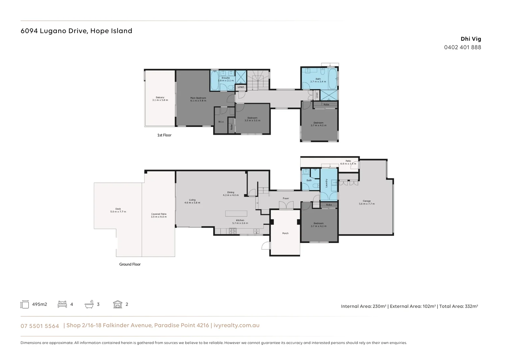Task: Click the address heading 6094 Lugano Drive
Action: coord(76,31)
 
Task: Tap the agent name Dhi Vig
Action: coord(471,39)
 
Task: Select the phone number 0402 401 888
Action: coord(462,47)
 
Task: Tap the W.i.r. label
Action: coord(221,122)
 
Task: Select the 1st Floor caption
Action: coord(164,135)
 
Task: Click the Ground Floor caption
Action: coord(130,264)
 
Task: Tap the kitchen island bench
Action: coord(236,213)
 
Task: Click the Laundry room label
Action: coord(326,183)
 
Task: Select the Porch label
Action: coord(285,233)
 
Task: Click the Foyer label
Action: coord(286,198)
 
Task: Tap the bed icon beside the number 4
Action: coord(62,304)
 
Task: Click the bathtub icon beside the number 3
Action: coord(89,304)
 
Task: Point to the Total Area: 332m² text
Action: coord(458,306)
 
